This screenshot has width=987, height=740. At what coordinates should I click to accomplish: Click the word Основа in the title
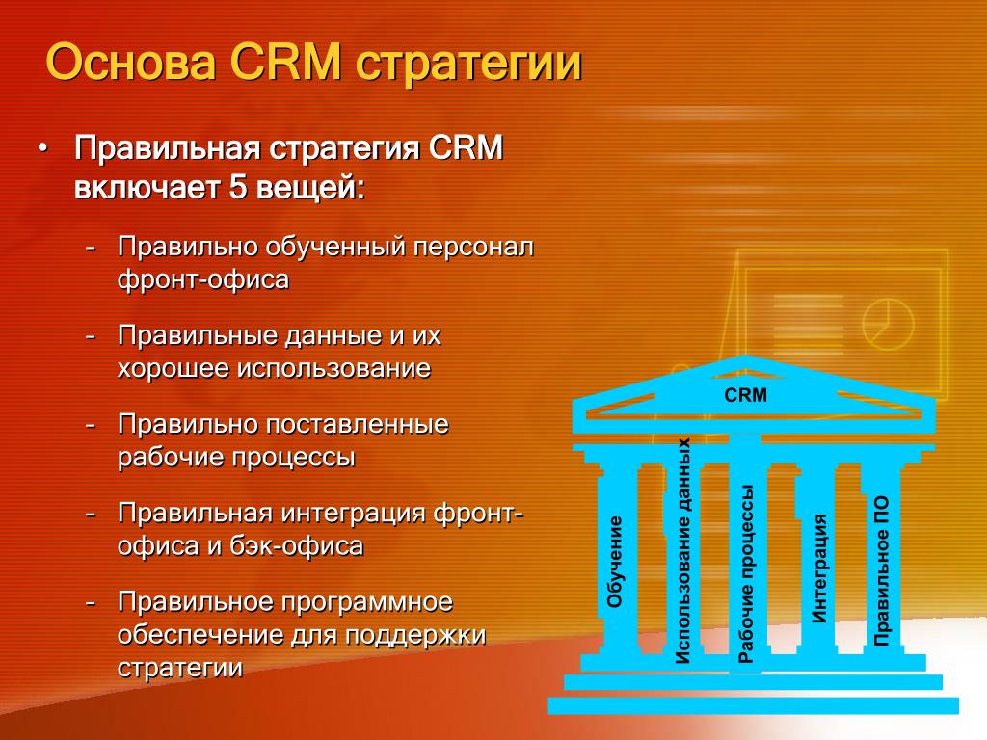tap(131, 63)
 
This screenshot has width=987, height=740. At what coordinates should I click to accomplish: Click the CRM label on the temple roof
tap(745, 395)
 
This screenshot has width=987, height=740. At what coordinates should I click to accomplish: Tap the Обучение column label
tap(614, 562)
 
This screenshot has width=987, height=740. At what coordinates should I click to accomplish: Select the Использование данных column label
tap(682, 551)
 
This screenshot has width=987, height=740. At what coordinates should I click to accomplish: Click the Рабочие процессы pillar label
tap(746, 574)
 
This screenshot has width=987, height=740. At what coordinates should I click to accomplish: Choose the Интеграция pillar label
tap(819, 568)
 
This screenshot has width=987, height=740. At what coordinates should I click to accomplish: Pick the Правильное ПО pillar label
tap(881, 570)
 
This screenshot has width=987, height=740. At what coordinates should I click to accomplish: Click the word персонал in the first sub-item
tap(473, 248)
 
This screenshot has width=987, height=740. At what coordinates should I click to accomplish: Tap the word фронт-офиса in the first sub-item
tap(203, 279)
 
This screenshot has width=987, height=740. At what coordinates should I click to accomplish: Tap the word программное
tap(367, 603)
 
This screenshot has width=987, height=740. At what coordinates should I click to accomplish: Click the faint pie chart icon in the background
tap(887, 324)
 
